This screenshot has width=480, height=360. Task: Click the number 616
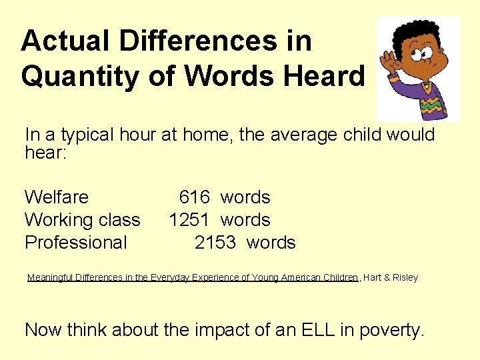195,197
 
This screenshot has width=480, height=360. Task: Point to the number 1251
191,220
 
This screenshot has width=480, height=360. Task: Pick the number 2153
215,243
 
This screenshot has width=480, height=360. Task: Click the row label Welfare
57,197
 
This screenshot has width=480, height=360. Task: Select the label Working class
83,220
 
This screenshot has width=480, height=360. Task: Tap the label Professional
76,243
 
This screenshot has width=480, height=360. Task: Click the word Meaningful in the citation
51,277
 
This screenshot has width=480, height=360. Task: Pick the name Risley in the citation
404,277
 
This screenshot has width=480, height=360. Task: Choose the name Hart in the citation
373,277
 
